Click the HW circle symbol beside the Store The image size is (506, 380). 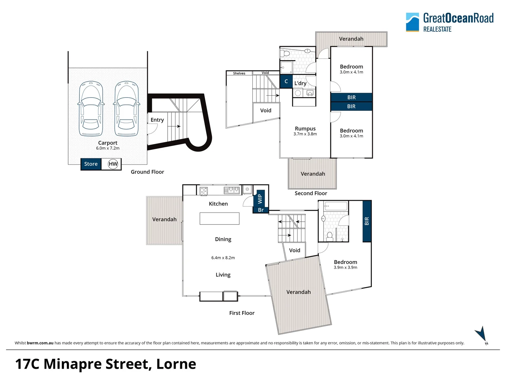point(113,164)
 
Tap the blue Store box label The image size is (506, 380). point(91,164)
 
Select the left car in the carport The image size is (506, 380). point(91,109)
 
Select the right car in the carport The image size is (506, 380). point(126,109)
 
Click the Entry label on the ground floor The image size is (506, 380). point(157,120)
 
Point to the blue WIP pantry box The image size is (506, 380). point(260,198)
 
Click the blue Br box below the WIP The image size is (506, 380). point(261,210)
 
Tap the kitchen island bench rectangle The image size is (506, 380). point(220,218)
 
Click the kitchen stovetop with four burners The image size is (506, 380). point(203,191)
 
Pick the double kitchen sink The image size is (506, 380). point(232,190)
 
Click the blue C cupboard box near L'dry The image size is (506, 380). point(286,81)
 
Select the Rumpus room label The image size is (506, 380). point(305,128)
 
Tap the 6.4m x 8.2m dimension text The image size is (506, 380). point(223,258)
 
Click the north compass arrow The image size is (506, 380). point(481,334)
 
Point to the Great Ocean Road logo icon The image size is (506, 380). point(413,22)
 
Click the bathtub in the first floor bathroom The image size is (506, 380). point(336,206)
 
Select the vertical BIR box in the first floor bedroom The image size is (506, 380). point(367,221)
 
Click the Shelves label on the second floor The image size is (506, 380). point(239,74)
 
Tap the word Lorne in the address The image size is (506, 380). point(176,364)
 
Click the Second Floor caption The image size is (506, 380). point(311,194)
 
